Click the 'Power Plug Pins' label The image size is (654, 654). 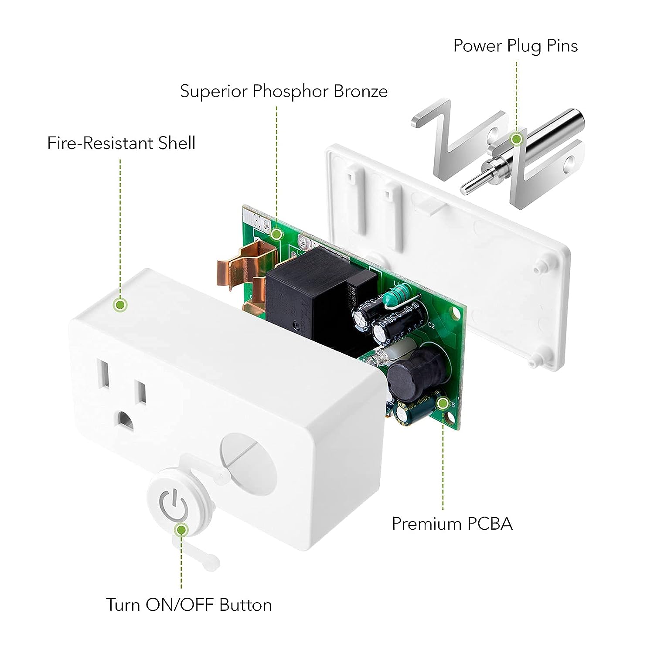[x=515, y=46]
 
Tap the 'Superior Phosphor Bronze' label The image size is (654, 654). [x=284, y=91]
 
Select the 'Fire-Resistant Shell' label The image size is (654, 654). [x=121, y=143]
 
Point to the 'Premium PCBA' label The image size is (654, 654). [x=452, y=524]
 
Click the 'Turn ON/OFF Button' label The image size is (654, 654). [x=189, y=605]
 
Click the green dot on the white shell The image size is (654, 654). [x=120, y=304]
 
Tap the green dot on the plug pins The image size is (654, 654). [x=517, y=139]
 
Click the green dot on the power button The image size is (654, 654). [x=181, y=530]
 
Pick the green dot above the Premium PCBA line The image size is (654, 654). [x=443, y=404]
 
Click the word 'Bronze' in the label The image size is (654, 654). [x=361, y=91]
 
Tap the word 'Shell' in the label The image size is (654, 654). [x=177, y=143]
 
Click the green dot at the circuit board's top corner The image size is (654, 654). [x=276, y=234]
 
